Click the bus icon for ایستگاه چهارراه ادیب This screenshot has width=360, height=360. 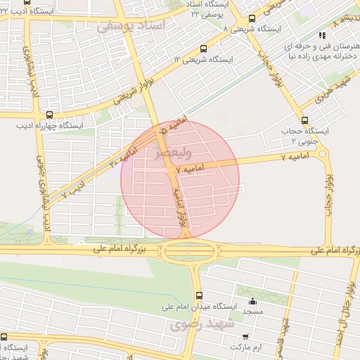49,115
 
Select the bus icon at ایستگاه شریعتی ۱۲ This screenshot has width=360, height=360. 203,49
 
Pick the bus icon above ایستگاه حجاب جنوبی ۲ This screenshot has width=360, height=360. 304,120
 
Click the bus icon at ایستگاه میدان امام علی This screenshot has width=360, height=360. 199,295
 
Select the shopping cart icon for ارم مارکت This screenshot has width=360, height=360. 245,336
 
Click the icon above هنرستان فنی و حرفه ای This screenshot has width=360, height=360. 323,34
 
